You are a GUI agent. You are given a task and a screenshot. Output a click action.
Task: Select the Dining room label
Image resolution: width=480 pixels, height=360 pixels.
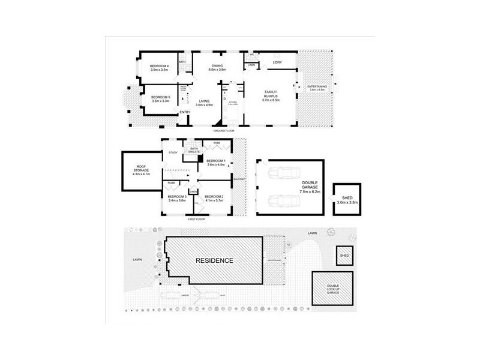click(217, 68)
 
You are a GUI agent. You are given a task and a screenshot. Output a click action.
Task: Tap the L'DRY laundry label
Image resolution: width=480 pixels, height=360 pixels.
click(277, 62)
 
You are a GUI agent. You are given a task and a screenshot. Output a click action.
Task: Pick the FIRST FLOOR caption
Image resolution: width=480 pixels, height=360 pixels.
click(197, 220)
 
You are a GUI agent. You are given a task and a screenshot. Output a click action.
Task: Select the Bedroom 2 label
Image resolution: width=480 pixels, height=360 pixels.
click(214, 198)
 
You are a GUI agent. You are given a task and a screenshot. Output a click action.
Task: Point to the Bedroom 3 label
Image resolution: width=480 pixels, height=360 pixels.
click(177, 198)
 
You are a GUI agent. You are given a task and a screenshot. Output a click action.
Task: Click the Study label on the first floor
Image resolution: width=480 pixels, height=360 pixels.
click(173, 152)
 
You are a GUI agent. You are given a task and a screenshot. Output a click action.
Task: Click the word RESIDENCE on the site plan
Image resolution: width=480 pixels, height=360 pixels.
click(214, 260)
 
